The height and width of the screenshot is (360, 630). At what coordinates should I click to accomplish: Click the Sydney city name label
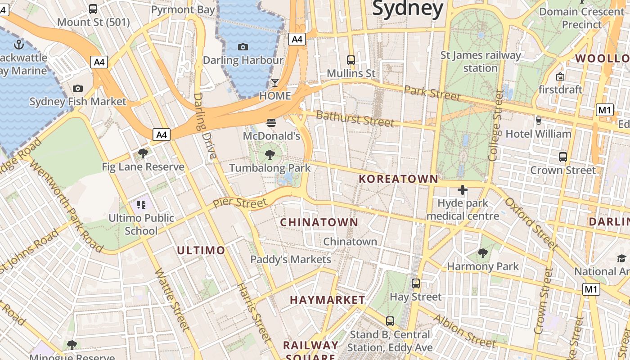408,8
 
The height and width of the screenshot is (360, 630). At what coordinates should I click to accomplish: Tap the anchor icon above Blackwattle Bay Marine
18,44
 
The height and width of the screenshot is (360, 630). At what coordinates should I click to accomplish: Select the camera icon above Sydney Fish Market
78,88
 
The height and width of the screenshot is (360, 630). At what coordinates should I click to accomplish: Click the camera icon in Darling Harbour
243,47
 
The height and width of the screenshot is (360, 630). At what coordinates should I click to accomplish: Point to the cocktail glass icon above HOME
274,83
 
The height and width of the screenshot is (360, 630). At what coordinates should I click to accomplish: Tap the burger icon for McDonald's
271,122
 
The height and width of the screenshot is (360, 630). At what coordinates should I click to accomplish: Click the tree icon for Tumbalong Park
270,155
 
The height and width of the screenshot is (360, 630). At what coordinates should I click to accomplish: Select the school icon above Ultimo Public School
142,205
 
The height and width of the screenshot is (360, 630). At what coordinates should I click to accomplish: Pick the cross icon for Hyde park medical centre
462,190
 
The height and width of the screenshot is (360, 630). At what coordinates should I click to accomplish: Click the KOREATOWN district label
398,179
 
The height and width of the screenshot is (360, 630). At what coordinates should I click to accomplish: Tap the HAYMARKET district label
328,300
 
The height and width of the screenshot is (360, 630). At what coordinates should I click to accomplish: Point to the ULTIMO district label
201,251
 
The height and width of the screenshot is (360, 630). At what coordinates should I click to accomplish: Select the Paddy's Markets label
291,260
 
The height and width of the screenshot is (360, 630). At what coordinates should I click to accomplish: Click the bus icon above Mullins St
351,60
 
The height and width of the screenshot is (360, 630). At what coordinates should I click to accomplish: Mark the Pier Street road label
240,202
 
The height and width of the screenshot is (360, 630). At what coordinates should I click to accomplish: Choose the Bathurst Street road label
355,119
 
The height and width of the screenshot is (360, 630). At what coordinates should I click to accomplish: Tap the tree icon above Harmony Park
483,253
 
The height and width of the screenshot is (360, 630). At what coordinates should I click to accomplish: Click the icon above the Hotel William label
538,120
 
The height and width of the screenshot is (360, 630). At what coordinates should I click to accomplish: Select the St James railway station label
480,62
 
